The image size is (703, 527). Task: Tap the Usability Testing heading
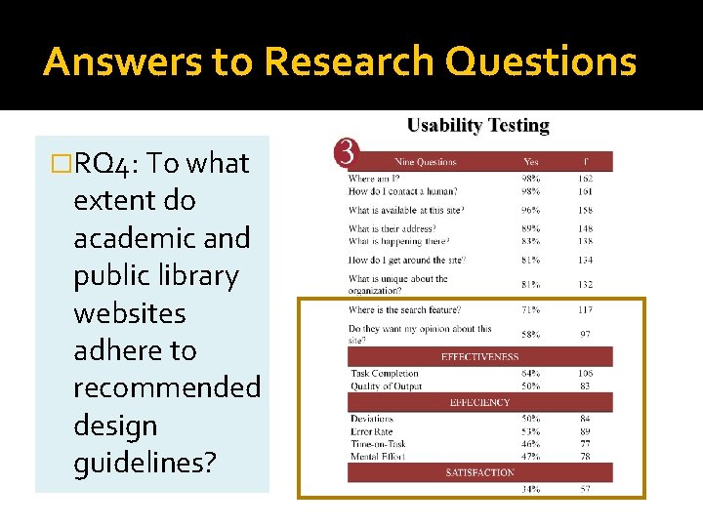coord(477,126)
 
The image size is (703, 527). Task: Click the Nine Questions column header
coord(425,162)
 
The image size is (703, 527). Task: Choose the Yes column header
coord(531,162)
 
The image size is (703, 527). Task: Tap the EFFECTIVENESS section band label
coord(480,357)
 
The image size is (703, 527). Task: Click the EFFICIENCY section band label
coord(479,402)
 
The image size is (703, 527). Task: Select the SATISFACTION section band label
coord(479,472)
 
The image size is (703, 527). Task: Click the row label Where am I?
coord(375,179)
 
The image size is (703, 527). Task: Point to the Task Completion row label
coord(384,374)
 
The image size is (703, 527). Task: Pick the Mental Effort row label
coord(378,456)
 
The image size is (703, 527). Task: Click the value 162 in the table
coord(586,179)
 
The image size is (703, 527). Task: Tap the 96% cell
coord(531,210)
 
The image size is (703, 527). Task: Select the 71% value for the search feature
coord(531,310)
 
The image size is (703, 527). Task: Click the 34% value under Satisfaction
coord(531,489)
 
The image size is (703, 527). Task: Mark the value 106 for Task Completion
coord(586,374)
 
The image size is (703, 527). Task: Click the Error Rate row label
coord(371,431)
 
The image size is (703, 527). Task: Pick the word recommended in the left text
coord(167,387)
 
